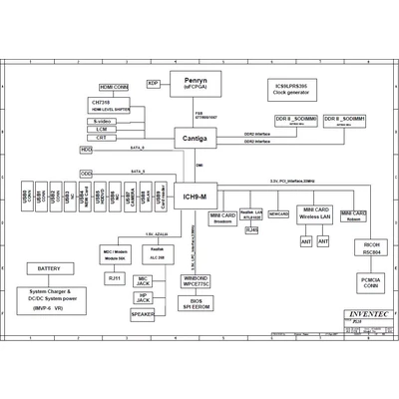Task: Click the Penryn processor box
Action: pyautogui.click(x=196, y=83)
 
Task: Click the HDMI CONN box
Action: pyautogui.click(x=114, y=88)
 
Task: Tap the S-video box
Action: pyautogui.click(x=102, y=121)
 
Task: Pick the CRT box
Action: pyautogui.click(x=102, y=140)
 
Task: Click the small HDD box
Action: pyautogui.click(x=87, y=150)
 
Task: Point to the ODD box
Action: pyautogui.click(x=87, y=174)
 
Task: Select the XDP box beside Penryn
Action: pyautogui.click(x=154, y=83)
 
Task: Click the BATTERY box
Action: pyautogui.click(x=48, y=268)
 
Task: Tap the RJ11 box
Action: pyautogui.click(x=115, y=278)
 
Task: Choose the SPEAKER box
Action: pyautogui.click(x=144, y=315)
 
